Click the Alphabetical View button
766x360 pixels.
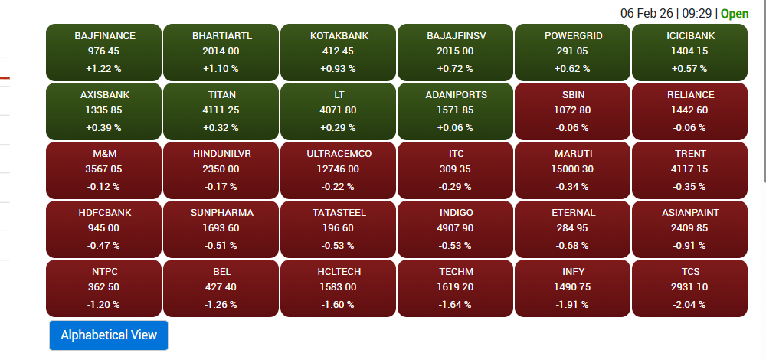(109, 335)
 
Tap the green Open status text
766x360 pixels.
(735, 14)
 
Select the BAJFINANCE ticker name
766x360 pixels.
(104, 36)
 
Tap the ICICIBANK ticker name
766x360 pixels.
(690, 36)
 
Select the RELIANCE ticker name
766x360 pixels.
(690, 95)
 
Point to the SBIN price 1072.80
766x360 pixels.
(573, 110)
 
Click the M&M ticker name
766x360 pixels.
(104, 154)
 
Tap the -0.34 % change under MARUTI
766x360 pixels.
(573, 186)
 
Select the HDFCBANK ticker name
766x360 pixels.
(104, 213)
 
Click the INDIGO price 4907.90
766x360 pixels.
(456, 228)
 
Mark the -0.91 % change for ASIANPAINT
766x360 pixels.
(690, 245)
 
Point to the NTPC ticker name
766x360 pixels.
(104, 272)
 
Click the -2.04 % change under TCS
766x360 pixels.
(690, 304)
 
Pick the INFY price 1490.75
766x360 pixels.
(573, 287)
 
